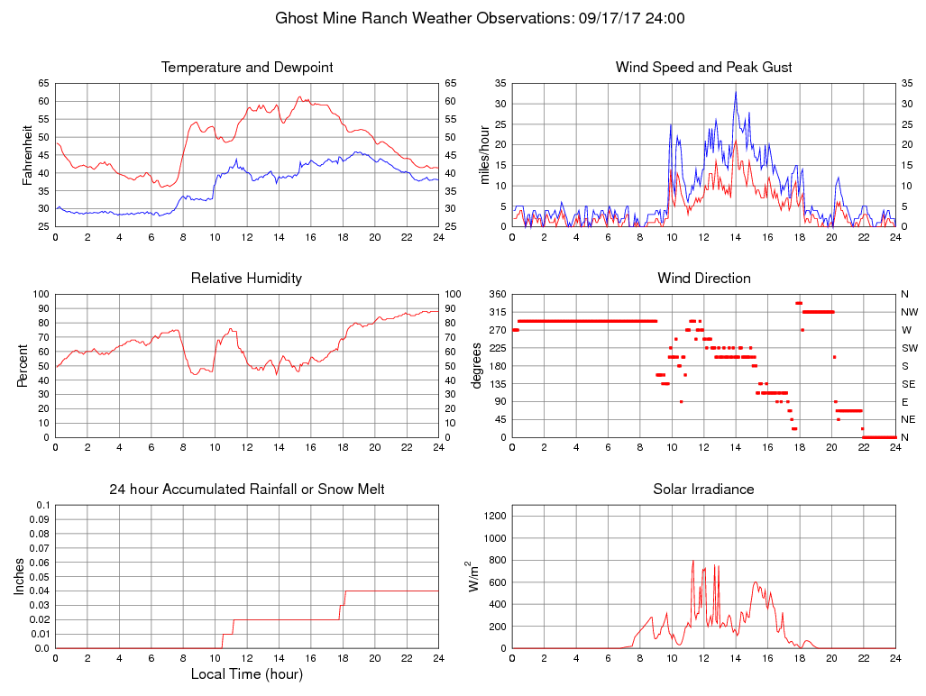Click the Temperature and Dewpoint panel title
[x=247, y=68]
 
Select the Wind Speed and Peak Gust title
[x=703, y=68]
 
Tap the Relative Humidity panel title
[x=247, y=279]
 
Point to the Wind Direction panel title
[x=703, y=279]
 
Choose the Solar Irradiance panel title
[x=703, y=490]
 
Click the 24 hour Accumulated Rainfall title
[x=247, y=490]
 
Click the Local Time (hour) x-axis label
[x=247, y=673]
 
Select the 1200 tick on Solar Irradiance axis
[x=494, y=517]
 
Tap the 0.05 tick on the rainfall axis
[x=38, y=577]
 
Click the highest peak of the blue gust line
[x=736, y=91]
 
